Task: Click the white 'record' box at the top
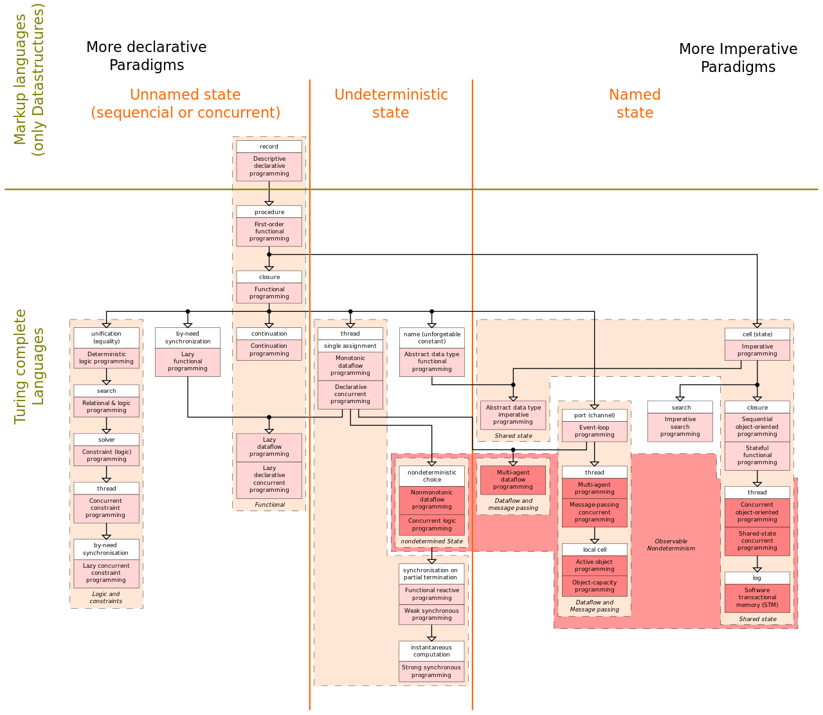point(269,147)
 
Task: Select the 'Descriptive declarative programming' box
point(269,167)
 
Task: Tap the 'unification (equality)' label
point(106,338)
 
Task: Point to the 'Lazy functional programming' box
point(188,362)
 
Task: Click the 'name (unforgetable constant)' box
point(432,338)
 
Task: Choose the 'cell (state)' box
point(757,334)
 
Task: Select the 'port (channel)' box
point(594,415)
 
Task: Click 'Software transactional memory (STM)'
point(757,598)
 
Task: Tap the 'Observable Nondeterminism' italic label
point(671,545)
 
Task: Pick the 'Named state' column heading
point(635,104)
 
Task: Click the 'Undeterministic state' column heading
point(391,104)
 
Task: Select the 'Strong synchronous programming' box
point(431,671)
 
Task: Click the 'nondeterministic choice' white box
point(432,476)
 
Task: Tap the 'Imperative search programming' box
point(680,427)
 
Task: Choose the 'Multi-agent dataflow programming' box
point(513,480)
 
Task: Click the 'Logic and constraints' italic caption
point(106,598)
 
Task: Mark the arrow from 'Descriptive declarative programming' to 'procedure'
point(269,193)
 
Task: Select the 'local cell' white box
point(594,550)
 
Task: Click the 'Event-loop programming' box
point(594,431)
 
